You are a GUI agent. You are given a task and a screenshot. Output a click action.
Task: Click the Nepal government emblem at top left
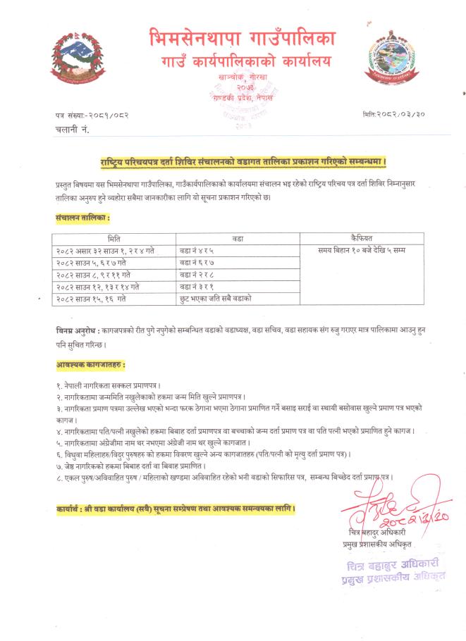pyautogui.click(x=75, y=56)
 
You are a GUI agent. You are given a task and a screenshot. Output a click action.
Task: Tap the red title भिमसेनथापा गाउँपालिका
pyautogui.click(x=243, y=37)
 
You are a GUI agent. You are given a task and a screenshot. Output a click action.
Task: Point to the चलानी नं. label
pyautogui.click(x=72, y=130)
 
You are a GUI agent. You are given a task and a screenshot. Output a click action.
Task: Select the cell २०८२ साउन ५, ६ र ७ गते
pyautogui.click(x=92, y=263)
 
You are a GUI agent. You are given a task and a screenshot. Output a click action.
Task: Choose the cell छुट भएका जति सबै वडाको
pyautogui.click(x=216, y=299)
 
